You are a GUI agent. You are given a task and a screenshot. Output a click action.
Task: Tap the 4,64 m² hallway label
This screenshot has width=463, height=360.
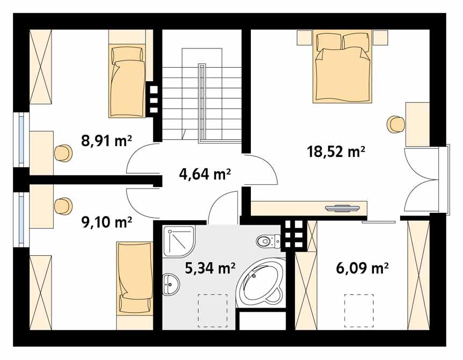pyautogui.click(x=204, y=173)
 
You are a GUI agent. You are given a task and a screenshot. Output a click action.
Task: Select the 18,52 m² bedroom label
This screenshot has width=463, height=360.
pyautogui.click(x=336, y=152)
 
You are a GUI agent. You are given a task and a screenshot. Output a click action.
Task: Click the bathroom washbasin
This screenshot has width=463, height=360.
pyautogui.click(x=171, y=283)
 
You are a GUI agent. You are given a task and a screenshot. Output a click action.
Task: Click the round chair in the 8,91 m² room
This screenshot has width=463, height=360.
pyautogui.click(x=63, y=152)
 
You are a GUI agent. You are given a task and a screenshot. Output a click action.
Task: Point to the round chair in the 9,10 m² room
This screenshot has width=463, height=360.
pyautogui.click(x=63, y=206)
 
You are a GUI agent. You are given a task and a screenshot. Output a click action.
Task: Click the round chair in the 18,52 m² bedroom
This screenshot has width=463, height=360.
pyautogui.click(x=395, y=124)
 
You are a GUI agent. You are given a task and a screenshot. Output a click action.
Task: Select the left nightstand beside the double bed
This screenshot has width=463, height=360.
pyautogui.click(x=304, y=38)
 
